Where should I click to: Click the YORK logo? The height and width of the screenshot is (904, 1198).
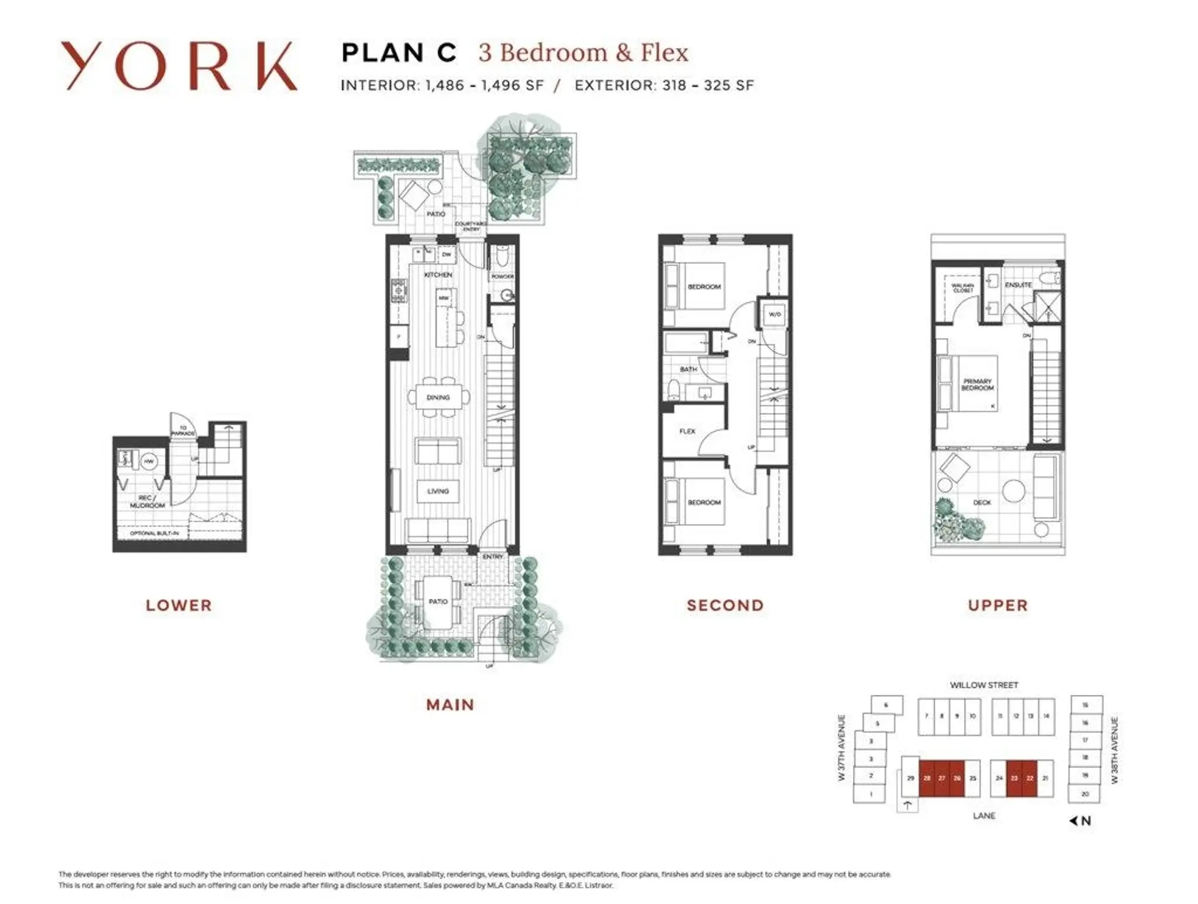(x=178, y=66)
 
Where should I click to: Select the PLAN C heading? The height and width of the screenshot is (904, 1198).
(x=399, y=53)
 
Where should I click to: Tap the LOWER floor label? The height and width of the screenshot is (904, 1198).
(x=179, y=605)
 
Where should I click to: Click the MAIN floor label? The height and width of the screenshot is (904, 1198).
(x=450, y=705)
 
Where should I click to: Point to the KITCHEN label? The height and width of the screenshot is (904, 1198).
(x=438, y=275)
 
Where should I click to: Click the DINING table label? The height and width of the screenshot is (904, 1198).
(x=438, y=397)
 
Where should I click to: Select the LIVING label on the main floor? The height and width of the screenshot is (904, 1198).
(x=438, y=491)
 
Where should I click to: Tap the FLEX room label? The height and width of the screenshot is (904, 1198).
(x=687, y=431)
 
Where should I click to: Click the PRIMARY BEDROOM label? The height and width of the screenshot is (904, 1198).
(x=977, y=384)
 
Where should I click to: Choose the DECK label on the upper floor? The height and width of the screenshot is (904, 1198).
(x=982, y=502)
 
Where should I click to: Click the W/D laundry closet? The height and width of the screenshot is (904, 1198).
(x=774, y=314)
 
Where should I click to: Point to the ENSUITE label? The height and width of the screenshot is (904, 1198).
(x=1018, y=284)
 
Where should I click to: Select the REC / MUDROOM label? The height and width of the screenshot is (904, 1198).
(x=148, y=502)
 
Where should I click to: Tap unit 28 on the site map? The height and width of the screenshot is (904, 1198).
(x=927, y=778)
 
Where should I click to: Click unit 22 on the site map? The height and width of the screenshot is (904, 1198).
(x=1030, y=778)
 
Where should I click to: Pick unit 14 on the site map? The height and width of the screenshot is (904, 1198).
(x=1046, y=716)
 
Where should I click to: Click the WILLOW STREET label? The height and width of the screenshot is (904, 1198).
(x=984, y=685)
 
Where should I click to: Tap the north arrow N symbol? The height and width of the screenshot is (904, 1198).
(x=1081, y=821)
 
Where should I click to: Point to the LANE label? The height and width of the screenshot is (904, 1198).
(x=984, y=816)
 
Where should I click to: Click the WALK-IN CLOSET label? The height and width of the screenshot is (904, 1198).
(x=963, y=288)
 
